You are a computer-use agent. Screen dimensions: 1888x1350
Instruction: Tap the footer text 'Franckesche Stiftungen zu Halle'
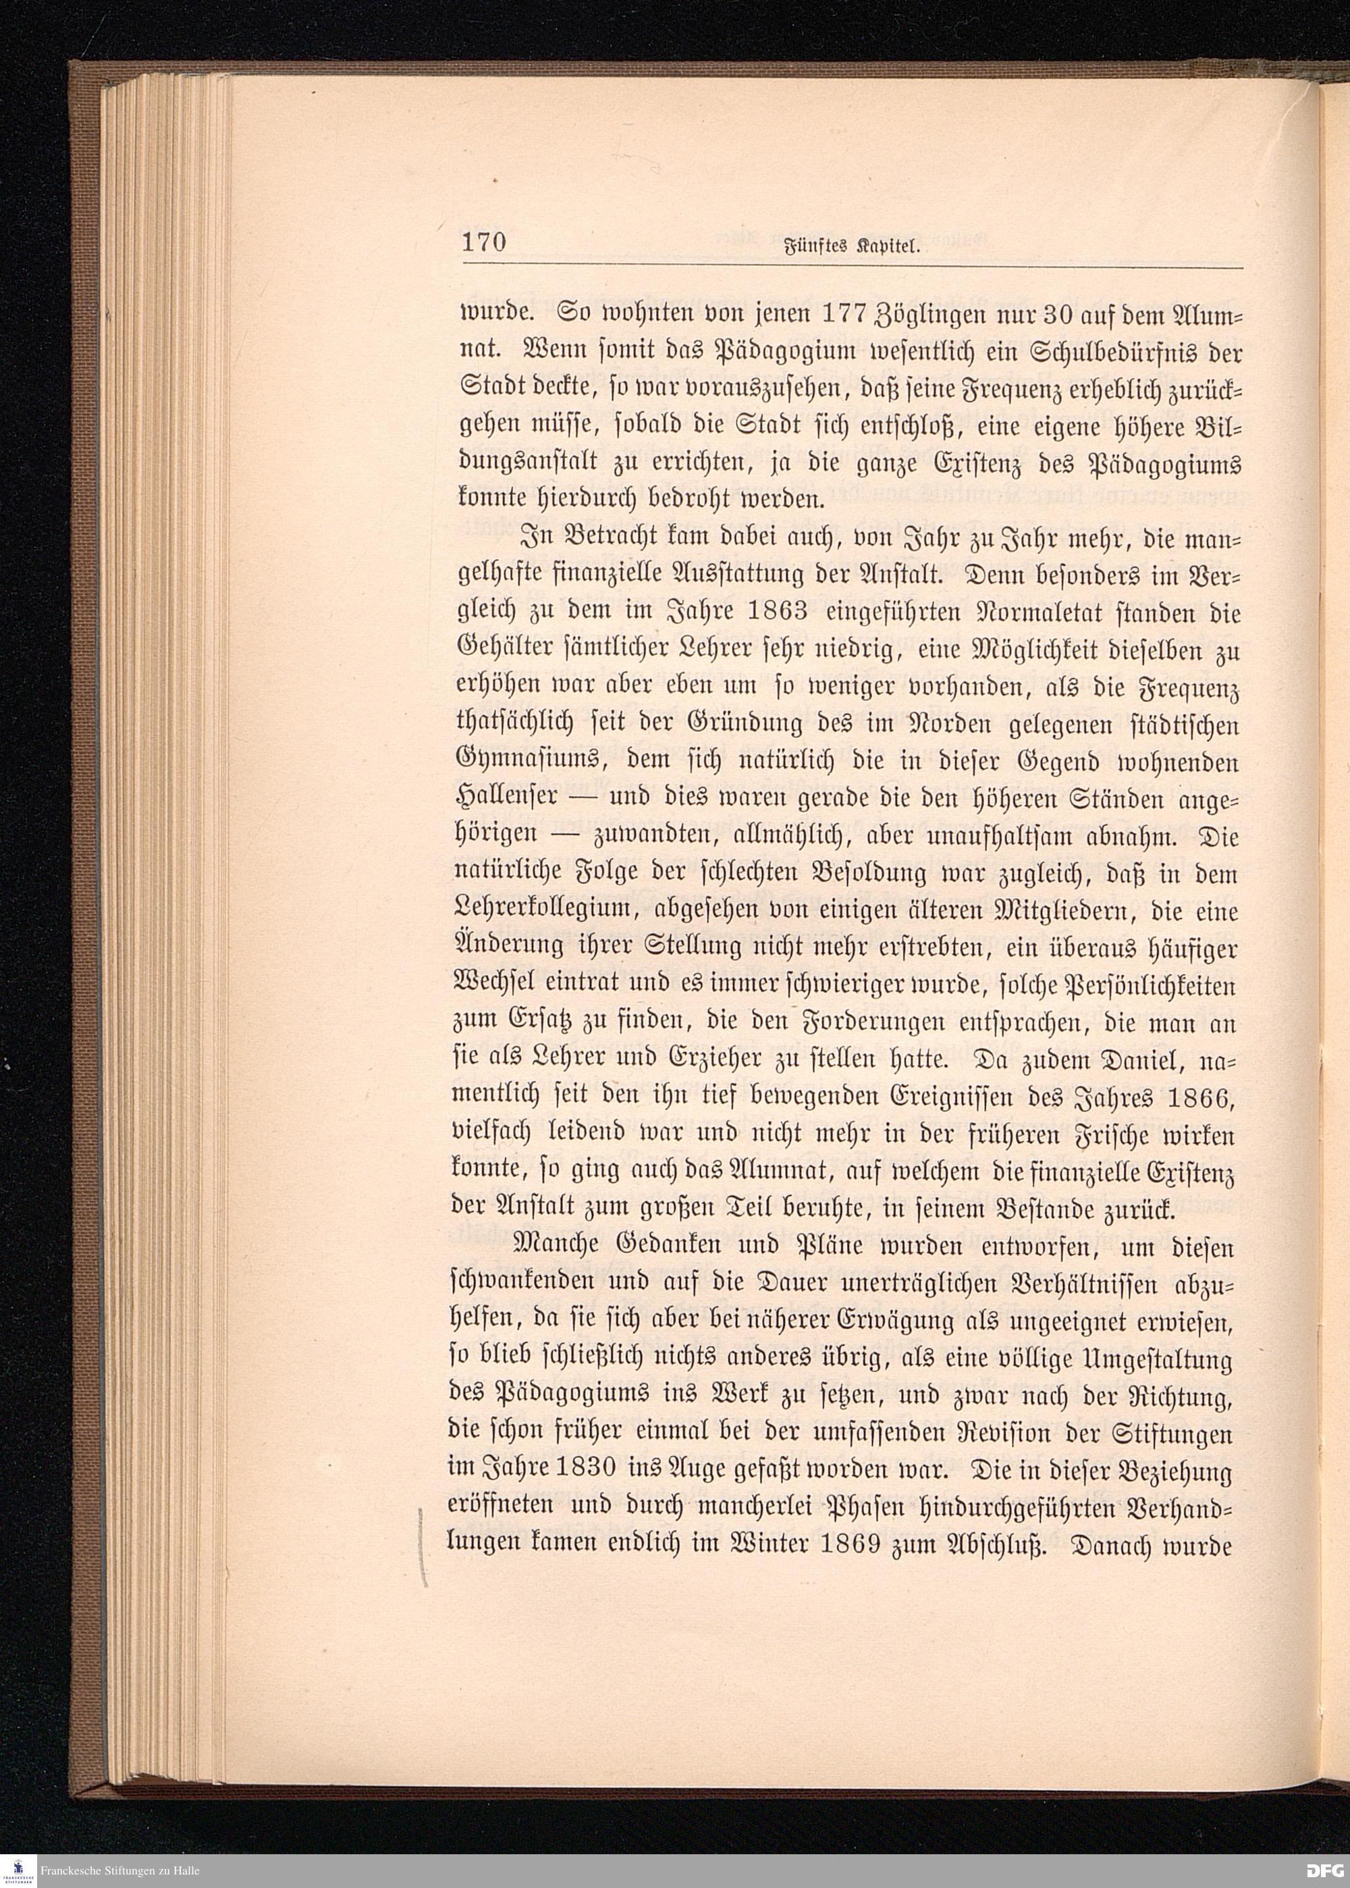click(123, 1870)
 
